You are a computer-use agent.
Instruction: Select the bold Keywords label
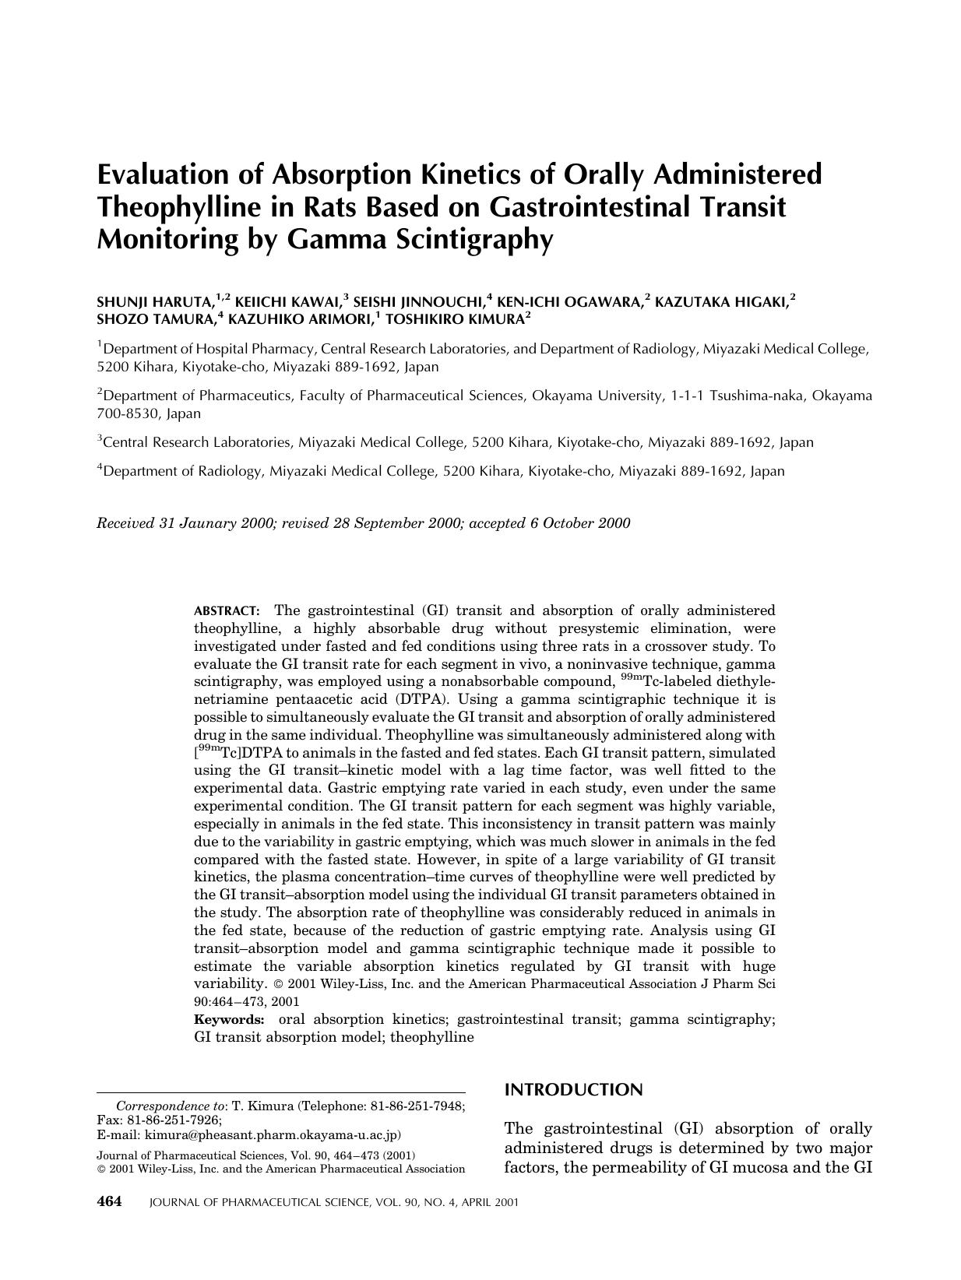[x=229, y=1020]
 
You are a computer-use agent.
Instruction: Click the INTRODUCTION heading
[x=574, y=1090]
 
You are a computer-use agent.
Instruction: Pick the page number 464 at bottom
[x=109, y=1201]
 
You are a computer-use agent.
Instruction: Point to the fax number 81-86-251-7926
[x=174, y=1120]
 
